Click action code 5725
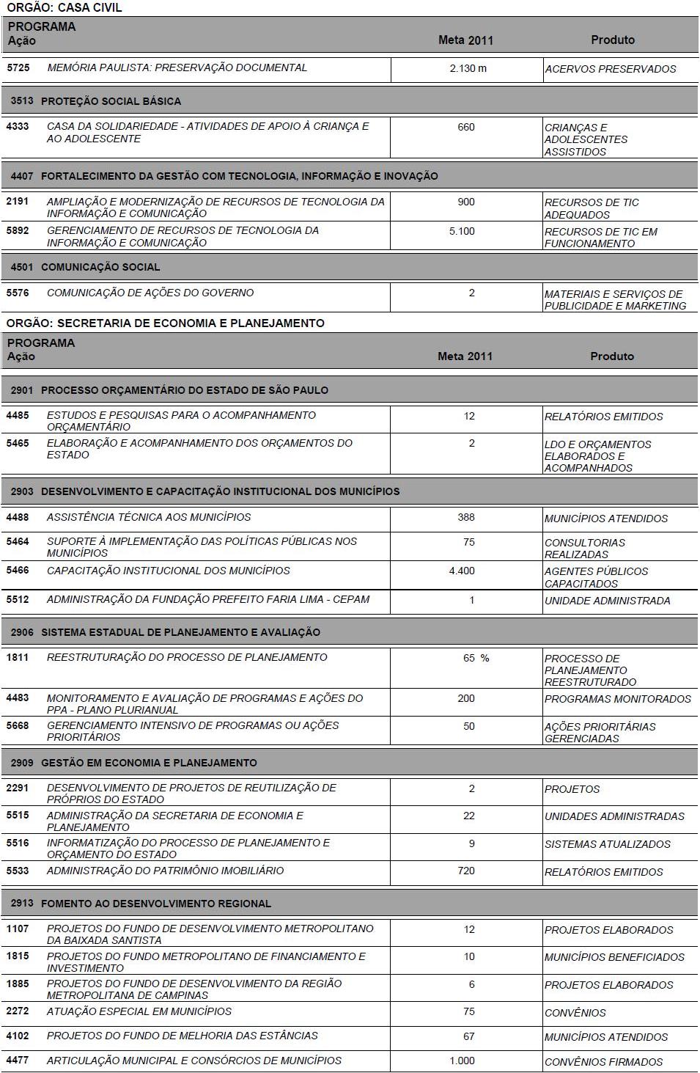click(x=18, y=67)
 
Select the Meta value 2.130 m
click(x=468, y=69)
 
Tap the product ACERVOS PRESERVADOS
click(x=610, y=69)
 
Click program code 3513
click(x=22, y=101)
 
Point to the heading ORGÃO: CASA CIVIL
click(x=65, y=7)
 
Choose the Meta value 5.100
click(x=462, y=231)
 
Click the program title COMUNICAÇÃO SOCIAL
click(x=100, y=267)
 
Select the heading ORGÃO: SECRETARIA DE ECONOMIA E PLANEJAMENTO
click(x=166, y=323)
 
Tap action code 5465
click(x=18, y=443)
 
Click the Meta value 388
click(x=466, y=517)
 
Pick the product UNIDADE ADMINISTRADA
click(x=607, y=601)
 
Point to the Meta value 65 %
click(x=476, y=658)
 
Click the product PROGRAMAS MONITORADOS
click(x=617, y=699)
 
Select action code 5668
click(x=18, y=725)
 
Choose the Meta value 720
click(x=466, y=871)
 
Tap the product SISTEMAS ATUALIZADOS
click(x=607, y=844)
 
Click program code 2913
click(x=22, y=904)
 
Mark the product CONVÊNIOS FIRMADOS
click(x=603, y=1061)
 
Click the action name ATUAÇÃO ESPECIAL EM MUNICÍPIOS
click(x=139, y=1011)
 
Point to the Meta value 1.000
click(x=462, y=1061)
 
